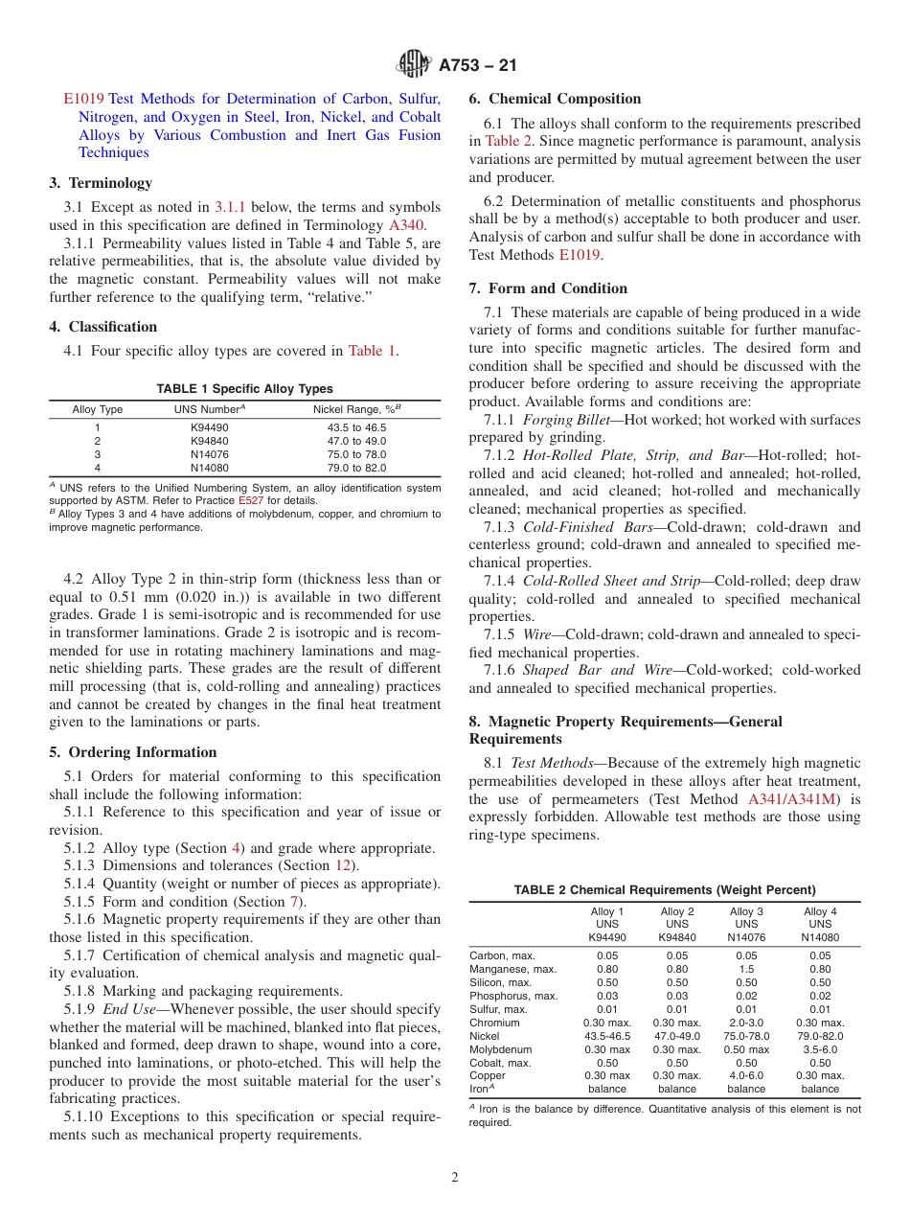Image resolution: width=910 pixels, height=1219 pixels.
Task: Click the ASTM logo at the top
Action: [415, 65]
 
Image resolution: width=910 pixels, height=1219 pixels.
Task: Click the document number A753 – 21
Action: [478, 65]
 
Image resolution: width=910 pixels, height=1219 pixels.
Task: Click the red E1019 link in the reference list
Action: [83, 99]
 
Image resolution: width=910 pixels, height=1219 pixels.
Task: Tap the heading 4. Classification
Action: [103, 327]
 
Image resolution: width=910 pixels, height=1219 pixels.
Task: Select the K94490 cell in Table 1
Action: [210, 426]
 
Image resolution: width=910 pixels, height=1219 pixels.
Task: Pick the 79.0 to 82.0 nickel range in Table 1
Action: [356, 468]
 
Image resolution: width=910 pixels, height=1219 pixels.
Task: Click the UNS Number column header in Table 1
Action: [210, 409]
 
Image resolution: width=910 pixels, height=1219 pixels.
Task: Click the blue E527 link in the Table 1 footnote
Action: [251, 500]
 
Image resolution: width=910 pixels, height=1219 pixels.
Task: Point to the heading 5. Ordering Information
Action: [133, 752]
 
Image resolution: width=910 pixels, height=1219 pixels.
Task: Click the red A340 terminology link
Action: [405, 225]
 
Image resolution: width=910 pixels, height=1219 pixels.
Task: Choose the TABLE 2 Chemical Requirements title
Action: [665, 890]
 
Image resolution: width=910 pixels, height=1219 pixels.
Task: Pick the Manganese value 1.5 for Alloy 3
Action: [746, 969]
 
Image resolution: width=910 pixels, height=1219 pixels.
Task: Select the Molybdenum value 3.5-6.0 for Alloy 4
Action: [820, 1049]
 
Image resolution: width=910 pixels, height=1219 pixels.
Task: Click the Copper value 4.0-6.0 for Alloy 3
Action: [746, 1075]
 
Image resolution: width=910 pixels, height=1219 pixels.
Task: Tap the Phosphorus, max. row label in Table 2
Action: [513, 996]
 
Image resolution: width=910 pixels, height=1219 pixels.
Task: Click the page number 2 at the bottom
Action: [455, 1178]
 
